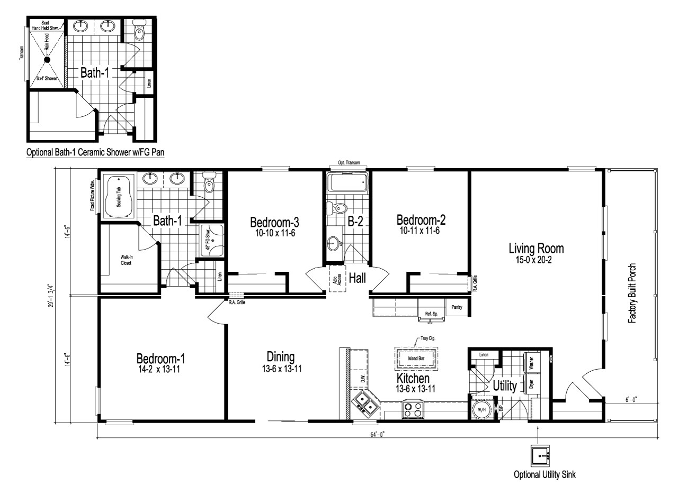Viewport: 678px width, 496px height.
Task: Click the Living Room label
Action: point(536,248)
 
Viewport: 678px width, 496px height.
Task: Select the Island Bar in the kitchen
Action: point(416,359)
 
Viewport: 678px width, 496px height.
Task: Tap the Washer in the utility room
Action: point(531,362)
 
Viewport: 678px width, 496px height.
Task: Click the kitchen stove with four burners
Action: point(413,409)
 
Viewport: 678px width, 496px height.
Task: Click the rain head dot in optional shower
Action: point(47,60)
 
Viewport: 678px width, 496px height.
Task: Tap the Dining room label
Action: point(280,356)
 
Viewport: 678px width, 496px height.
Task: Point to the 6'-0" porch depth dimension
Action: point(630,400)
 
